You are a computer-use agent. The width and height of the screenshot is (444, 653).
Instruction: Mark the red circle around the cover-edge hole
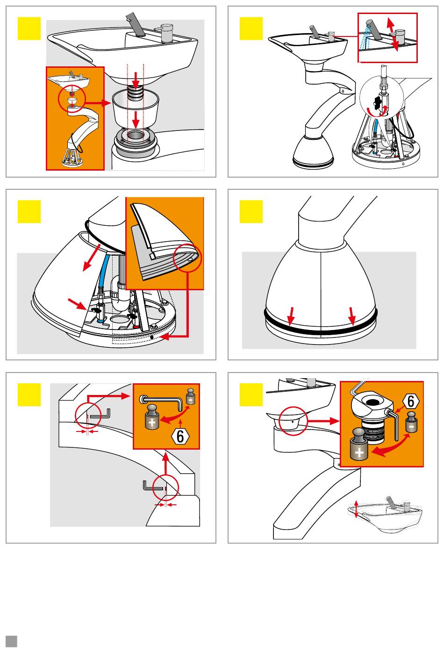tap(187, 258)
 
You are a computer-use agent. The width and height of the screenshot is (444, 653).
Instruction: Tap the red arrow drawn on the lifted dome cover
tap(92, 256)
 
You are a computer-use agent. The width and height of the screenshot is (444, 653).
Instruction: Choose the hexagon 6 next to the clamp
tap(410, 401)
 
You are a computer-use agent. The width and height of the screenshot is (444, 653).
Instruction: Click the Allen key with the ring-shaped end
tap(164, 402)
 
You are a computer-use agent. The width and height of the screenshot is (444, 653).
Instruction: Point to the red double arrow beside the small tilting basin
tap(357, 508)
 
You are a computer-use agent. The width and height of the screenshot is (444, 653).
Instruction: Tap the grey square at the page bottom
tap(11, 641)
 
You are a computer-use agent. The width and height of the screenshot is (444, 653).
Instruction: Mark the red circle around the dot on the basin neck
tap(292, 420)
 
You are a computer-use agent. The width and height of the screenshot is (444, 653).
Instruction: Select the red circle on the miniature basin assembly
tap(72, 99)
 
